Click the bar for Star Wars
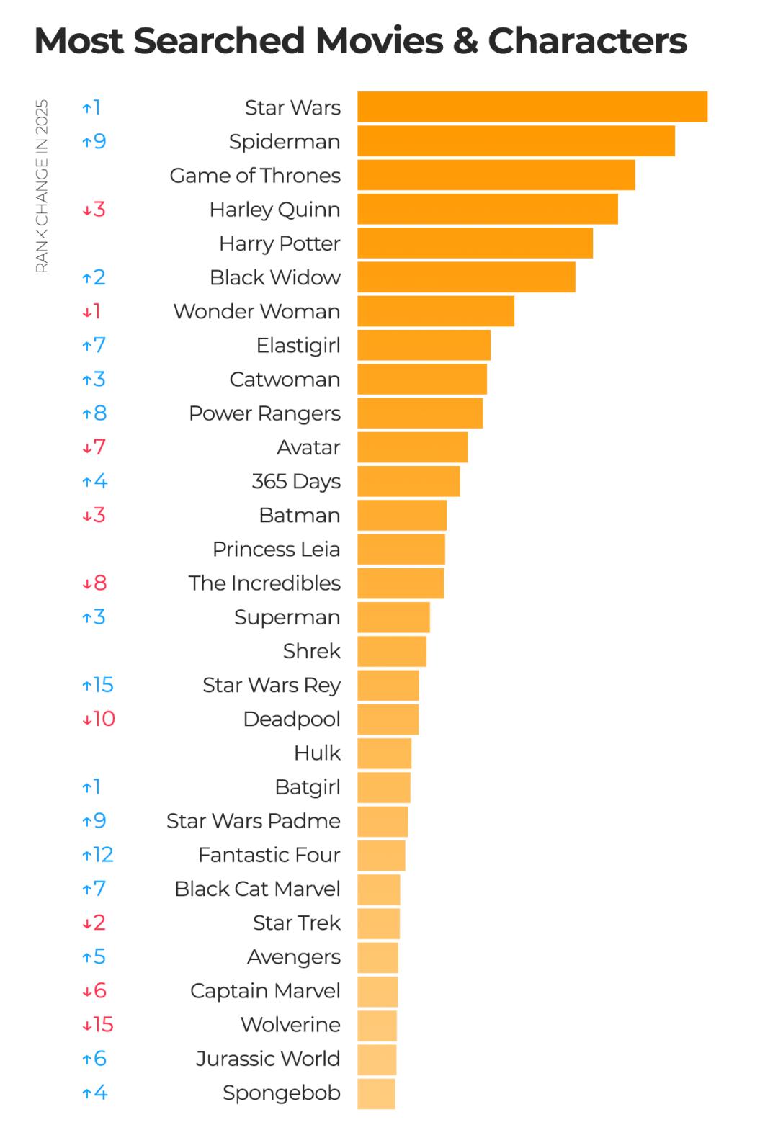[x=532, y=107]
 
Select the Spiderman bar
[x=516, y=141]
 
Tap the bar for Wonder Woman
[x=436, y=311]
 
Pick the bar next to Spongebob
[x=376, y=1093]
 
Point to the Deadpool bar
[x=388, y=719]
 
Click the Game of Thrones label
[x=255, y=176]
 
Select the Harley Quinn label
[x=274, y=210]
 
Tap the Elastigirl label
[x=298, y=346]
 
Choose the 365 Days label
[x=296, y=481]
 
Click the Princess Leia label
[x=276, y=550]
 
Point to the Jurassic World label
[x=267, y=1059]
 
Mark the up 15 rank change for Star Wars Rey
[x=98, y=685]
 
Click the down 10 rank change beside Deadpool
[x=99, y=719]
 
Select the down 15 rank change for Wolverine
[x=98, y=1025]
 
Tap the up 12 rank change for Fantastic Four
[x=98, y=855]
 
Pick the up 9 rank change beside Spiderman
[x=94, y=141]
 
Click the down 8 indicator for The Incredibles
[x=94, y=583]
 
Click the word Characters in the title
[x=587, y=41]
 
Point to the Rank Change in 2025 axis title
[x=42, y=186]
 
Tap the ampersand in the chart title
[x=465, y=41]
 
